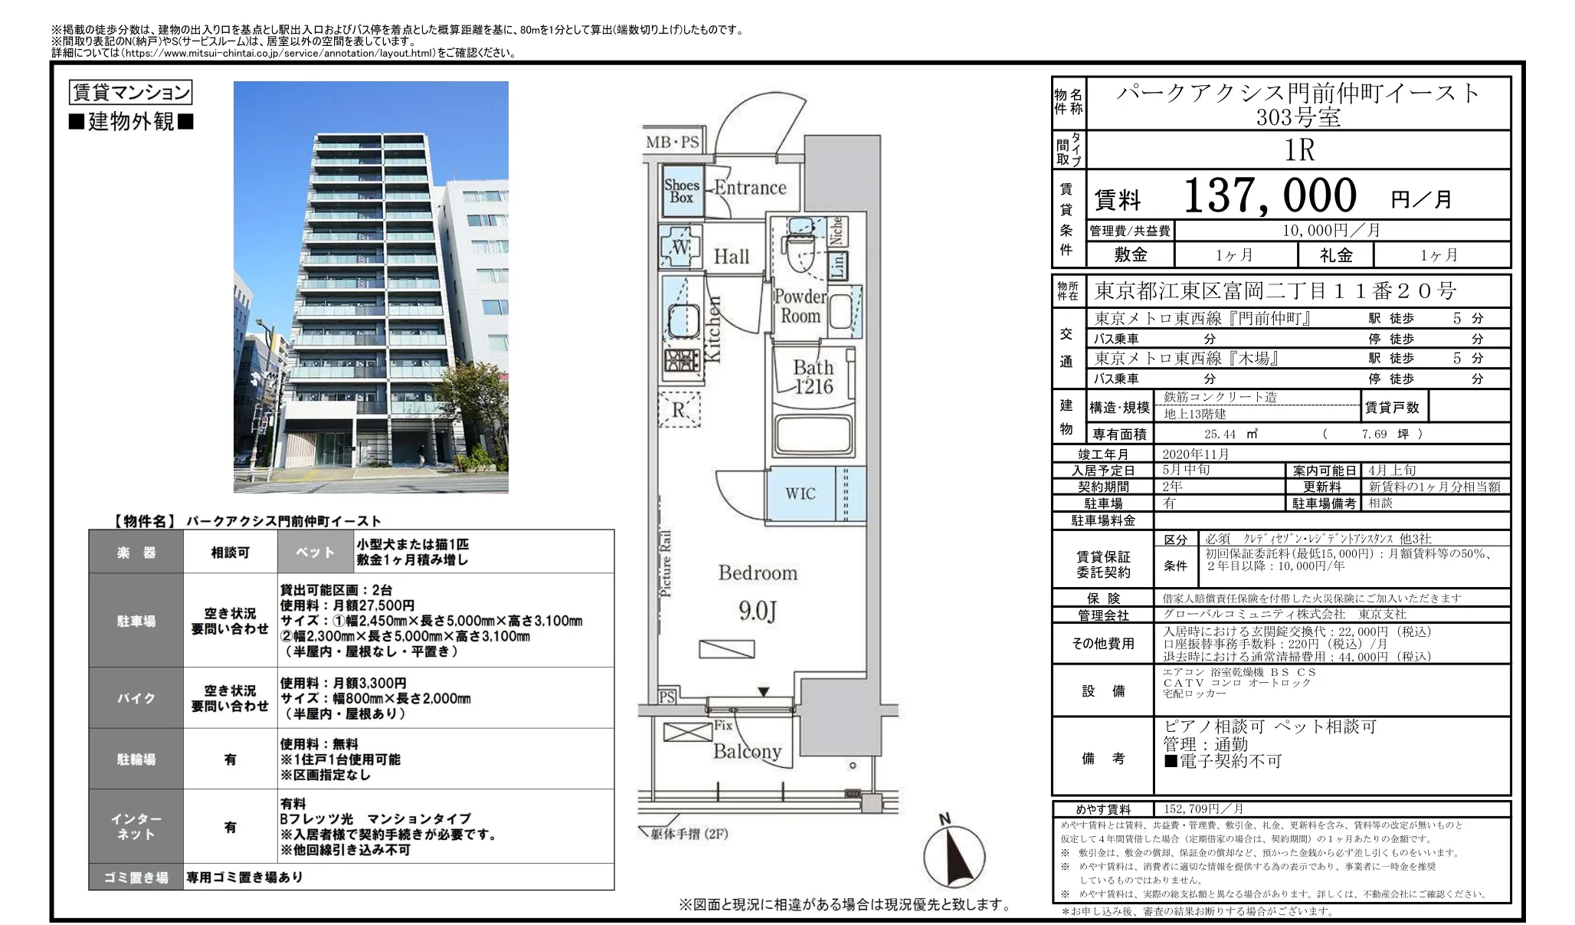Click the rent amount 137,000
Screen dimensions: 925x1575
pos(1270,195)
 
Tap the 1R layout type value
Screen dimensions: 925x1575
pos(1299,150)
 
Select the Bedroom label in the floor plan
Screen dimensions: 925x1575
pos(757,573)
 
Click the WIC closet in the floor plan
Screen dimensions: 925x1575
pos(801,494)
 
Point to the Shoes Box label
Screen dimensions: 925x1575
pos(682,191)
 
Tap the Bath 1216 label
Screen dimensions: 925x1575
pos(813,377)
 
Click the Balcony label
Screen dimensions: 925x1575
pos(747,751)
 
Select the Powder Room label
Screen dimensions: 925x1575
pos(801,306)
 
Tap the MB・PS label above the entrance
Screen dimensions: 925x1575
pos(673,143)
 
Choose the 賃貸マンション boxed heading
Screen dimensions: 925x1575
pos(130,93)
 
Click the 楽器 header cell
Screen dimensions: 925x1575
pos(136,553)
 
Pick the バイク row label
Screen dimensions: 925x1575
pos(136,698)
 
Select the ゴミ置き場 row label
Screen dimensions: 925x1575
pos(136,877)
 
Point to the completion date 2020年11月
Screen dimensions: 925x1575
pos(1195,454)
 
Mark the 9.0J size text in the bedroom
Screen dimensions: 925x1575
pos(757,611)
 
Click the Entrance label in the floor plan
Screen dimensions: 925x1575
pos(750,188)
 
